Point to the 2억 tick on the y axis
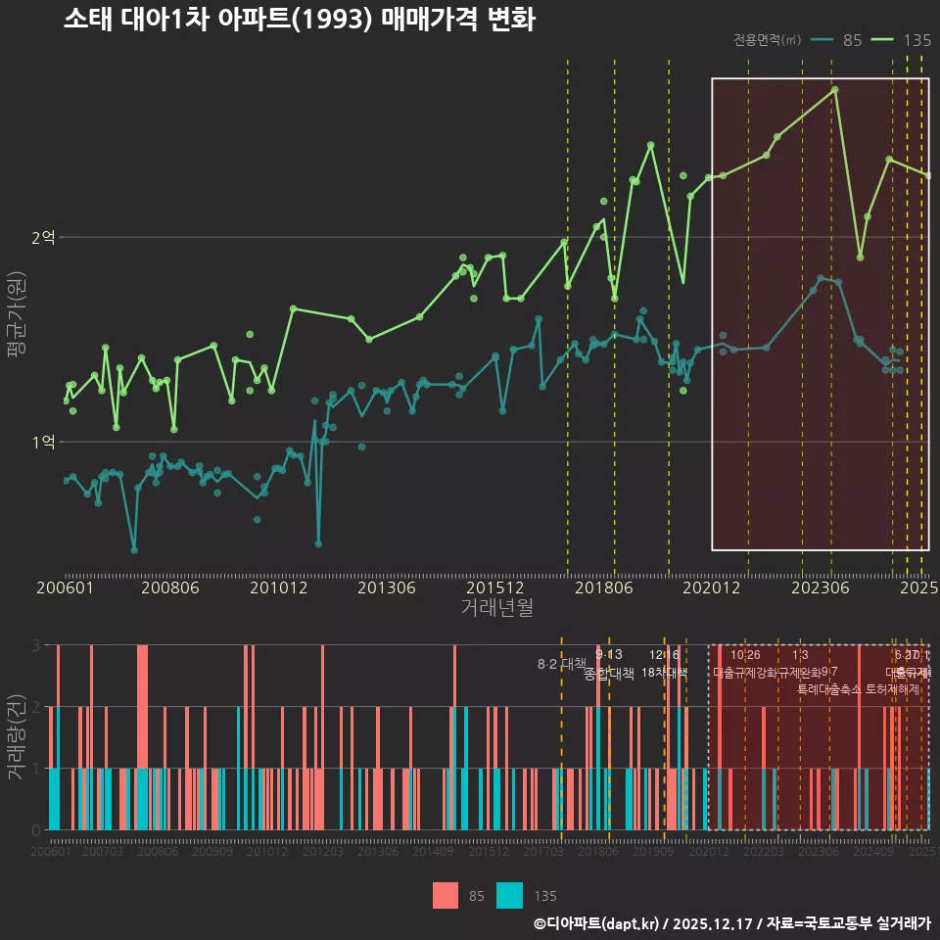pos(43,237)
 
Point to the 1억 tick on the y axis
pos(43,442)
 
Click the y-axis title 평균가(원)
pos(16,318)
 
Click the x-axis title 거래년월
pos(496,607)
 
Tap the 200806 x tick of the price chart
pos(169,587)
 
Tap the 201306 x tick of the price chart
pos(386,587)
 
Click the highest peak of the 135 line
pos(834,89)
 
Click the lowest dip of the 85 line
pos(134,549)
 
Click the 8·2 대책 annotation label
pos(561,664)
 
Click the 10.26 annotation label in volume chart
pos(745,655)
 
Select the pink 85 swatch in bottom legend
pos(446,895)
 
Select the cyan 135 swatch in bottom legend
pos(509,895)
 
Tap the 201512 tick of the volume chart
pos(487,853)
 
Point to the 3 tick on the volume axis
pos(36,645)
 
